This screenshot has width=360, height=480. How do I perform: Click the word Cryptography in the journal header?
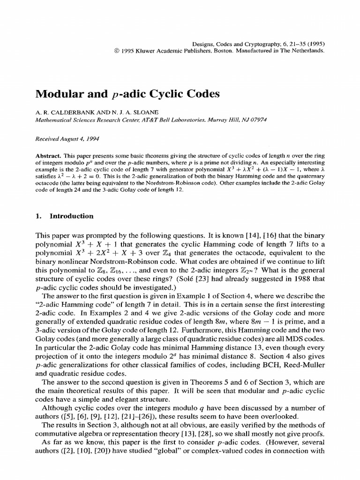click(x=263, y=42)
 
